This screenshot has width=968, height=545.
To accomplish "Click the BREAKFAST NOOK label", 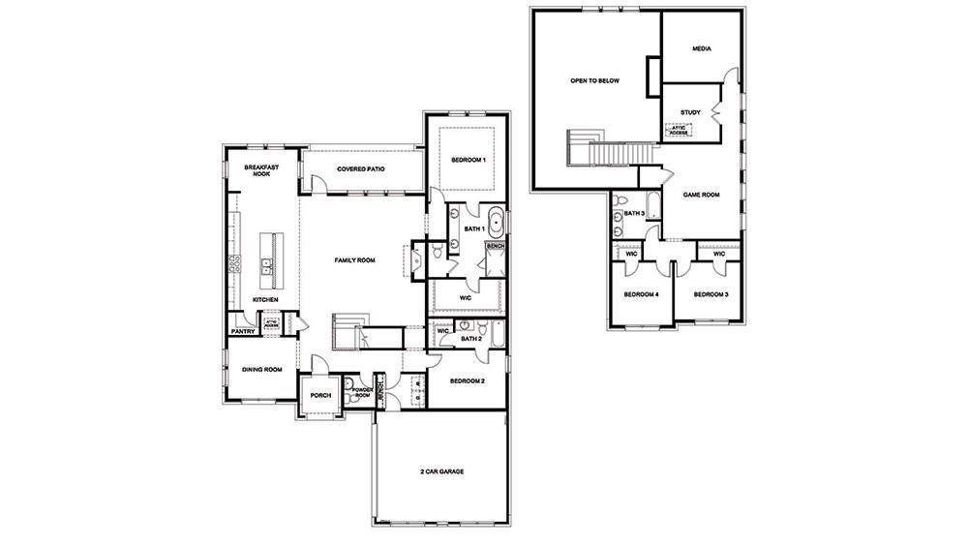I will [x=260, y=170].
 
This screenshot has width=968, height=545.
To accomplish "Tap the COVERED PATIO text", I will [x=356, y=169].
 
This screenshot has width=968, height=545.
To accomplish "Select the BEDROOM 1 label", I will [x=469, y=159].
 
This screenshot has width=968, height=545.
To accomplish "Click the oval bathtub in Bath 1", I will [x=496, y=223].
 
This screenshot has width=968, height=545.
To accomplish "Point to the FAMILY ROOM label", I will [x=354, y=260].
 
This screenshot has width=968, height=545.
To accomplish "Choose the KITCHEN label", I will [x=265, y=299].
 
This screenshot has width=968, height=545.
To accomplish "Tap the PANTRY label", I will [x=242, y=332].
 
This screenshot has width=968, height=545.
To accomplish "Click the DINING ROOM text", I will [x=261, y=369].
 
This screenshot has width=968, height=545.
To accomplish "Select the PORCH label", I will [x=320, y=394].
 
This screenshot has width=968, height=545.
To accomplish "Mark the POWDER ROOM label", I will [x=362, y=391].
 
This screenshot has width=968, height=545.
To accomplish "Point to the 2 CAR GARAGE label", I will [x=441, y=471].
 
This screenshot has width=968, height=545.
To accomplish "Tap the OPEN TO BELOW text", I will [x=594, y=81].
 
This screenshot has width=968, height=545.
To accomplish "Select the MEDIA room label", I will [x=702, y=48].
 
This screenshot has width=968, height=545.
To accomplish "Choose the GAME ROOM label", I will [x=702, y=195].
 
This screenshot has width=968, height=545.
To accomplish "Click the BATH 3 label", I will [x=634, y=213].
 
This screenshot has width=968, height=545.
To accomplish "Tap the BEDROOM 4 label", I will [x=641, y=293].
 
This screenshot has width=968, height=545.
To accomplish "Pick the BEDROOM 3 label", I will [x=711, y=293].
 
